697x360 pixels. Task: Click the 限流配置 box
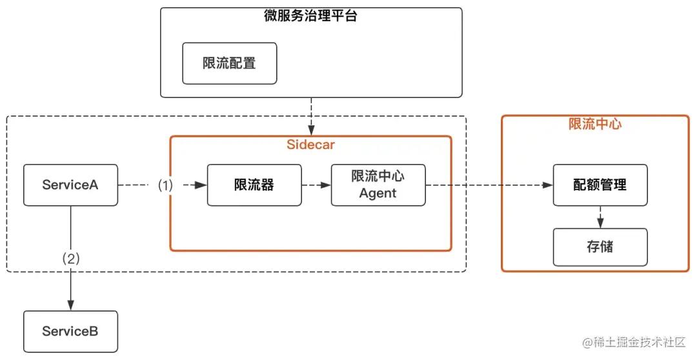click(x=229, y=63)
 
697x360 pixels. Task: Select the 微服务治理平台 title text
click(x=310, y=17)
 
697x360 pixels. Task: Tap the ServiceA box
click(x=70, y=185)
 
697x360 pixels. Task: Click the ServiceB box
click(x=70, y=332)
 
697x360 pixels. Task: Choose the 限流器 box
click(x=254, y=185)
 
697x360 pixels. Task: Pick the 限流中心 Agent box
click(x=378, y=185)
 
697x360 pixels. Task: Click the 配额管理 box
click(x=600, y=185)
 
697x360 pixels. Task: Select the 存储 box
click(x=600, y=246)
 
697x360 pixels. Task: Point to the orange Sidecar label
click(x=310, y=145)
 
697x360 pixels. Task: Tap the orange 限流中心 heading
click(x=595, y=125)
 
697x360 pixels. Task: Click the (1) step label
click(x=166, y=185)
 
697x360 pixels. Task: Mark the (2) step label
click(x=70, y=259)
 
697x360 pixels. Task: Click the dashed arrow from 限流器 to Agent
click(x=316, y=185)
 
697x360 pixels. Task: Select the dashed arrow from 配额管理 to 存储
click(x=600, y=217)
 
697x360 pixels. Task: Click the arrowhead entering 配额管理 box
click(x=549, y=185)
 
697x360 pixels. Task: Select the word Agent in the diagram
click(x=378, y=193)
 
